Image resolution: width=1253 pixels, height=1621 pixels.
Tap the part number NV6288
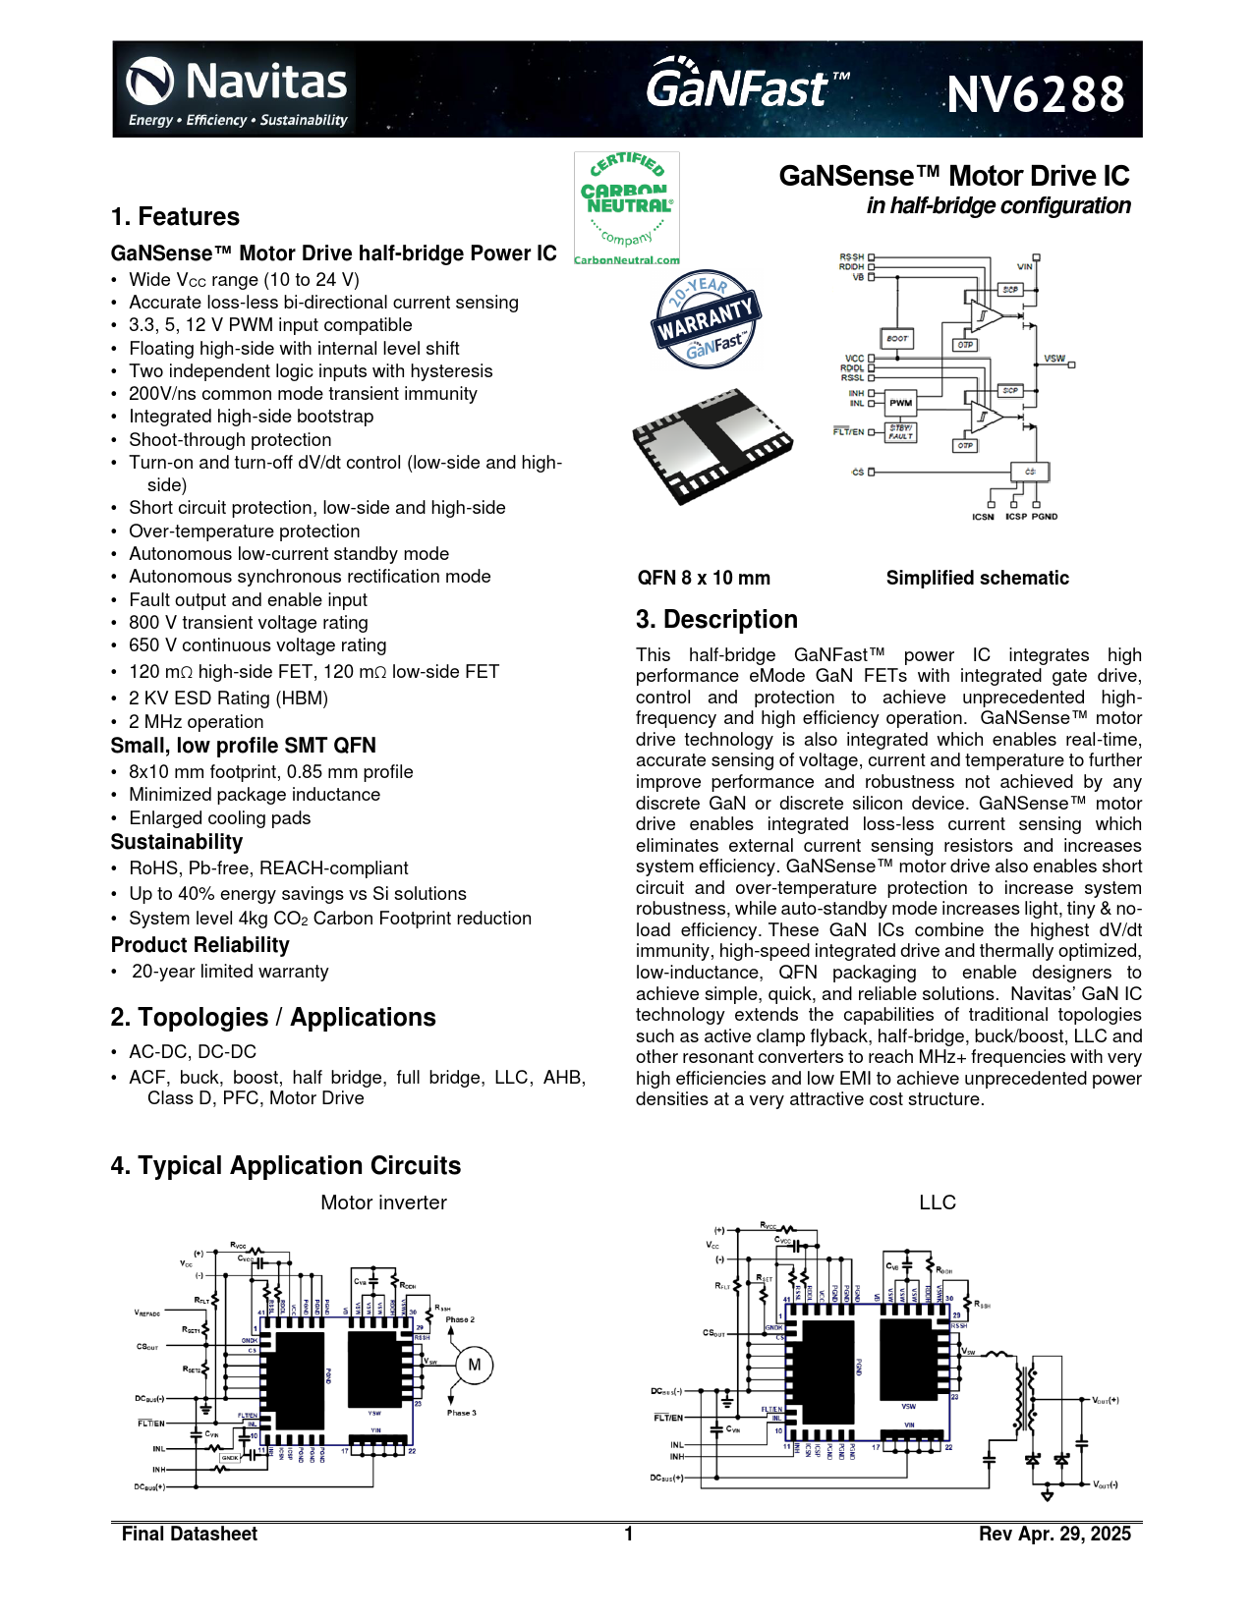(x=1035, y=95)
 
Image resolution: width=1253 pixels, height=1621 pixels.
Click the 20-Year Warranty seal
(x=706, y=318)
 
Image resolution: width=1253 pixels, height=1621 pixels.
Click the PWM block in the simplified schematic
(x=900, y=402)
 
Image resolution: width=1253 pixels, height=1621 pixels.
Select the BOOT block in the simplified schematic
(x=897, y=338)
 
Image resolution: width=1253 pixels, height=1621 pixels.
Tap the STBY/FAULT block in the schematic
(x=900, y=432)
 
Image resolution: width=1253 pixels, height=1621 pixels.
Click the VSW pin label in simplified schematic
(x=1054, y=359)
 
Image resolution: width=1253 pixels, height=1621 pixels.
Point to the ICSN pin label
(x=983, y=517)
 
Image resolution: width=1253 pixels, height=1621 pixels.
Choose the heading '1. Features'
(x=175, y=217)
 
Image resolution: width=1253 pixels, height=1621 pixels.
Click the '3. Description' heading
(x=716, y=620)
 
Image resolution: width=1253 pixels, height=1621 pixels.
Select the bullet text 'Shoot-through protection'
(x=230, y=440)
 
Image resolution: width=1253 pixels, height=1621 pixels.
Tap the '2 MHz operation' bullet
(x=196, y=722)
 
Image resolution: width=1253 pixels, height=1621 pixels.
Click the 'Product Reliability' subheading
(x=199, y=945)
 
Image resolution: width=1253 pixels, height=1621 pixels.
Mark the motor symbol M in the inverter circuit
(x=474, y=1365)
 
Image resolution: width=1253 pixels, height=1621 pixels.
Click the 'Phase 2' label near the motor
(x=460, y=1319)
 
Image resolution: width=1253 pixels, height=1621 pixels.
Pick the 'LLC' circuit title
(x=937, y=1202)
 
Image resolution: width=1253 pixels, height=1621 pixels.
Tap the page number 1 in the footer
(x=628, y=1534)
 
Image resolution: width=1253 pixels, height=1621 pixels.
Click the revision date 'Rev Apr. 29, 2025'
(x=1054, y=1534)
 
